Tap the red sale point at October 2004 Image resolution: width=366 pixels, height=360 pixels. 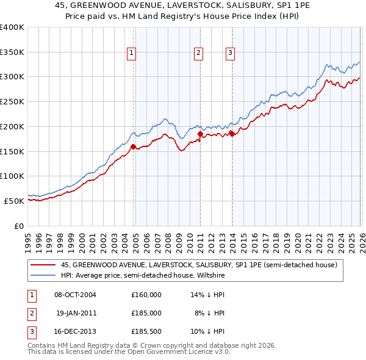(x=134, y=145)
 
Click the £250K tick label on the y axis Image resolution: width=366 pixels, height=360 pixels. (x=12, y=101)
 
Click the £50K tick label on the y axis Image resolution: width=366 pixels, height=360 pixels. (x=14, y=201)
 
